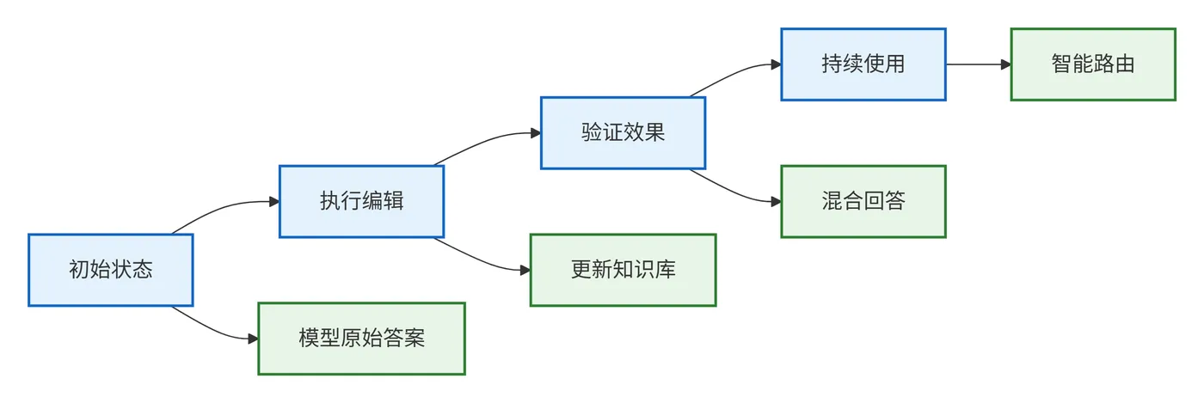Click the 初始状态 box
[x=110, y=270]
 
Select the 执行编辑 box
[x=361, y=201]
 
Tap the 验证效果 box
[x=623, y=132]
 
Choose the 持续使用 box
[x=863, y=64]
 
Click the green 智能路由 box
[x=1092, y=64]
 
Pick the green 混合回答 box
[x=863, y=201]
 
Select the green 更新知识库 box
[x=623, y=270]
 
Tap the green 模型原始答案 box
[x=361, y=338]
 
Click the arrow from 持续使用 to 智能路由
[x=976, y=64]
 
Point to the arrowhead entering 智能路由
[x=1004, y=64]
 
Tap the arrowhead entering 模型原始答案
[x=253, y=339]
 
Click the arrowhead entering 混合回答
[x=775, y=202]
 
